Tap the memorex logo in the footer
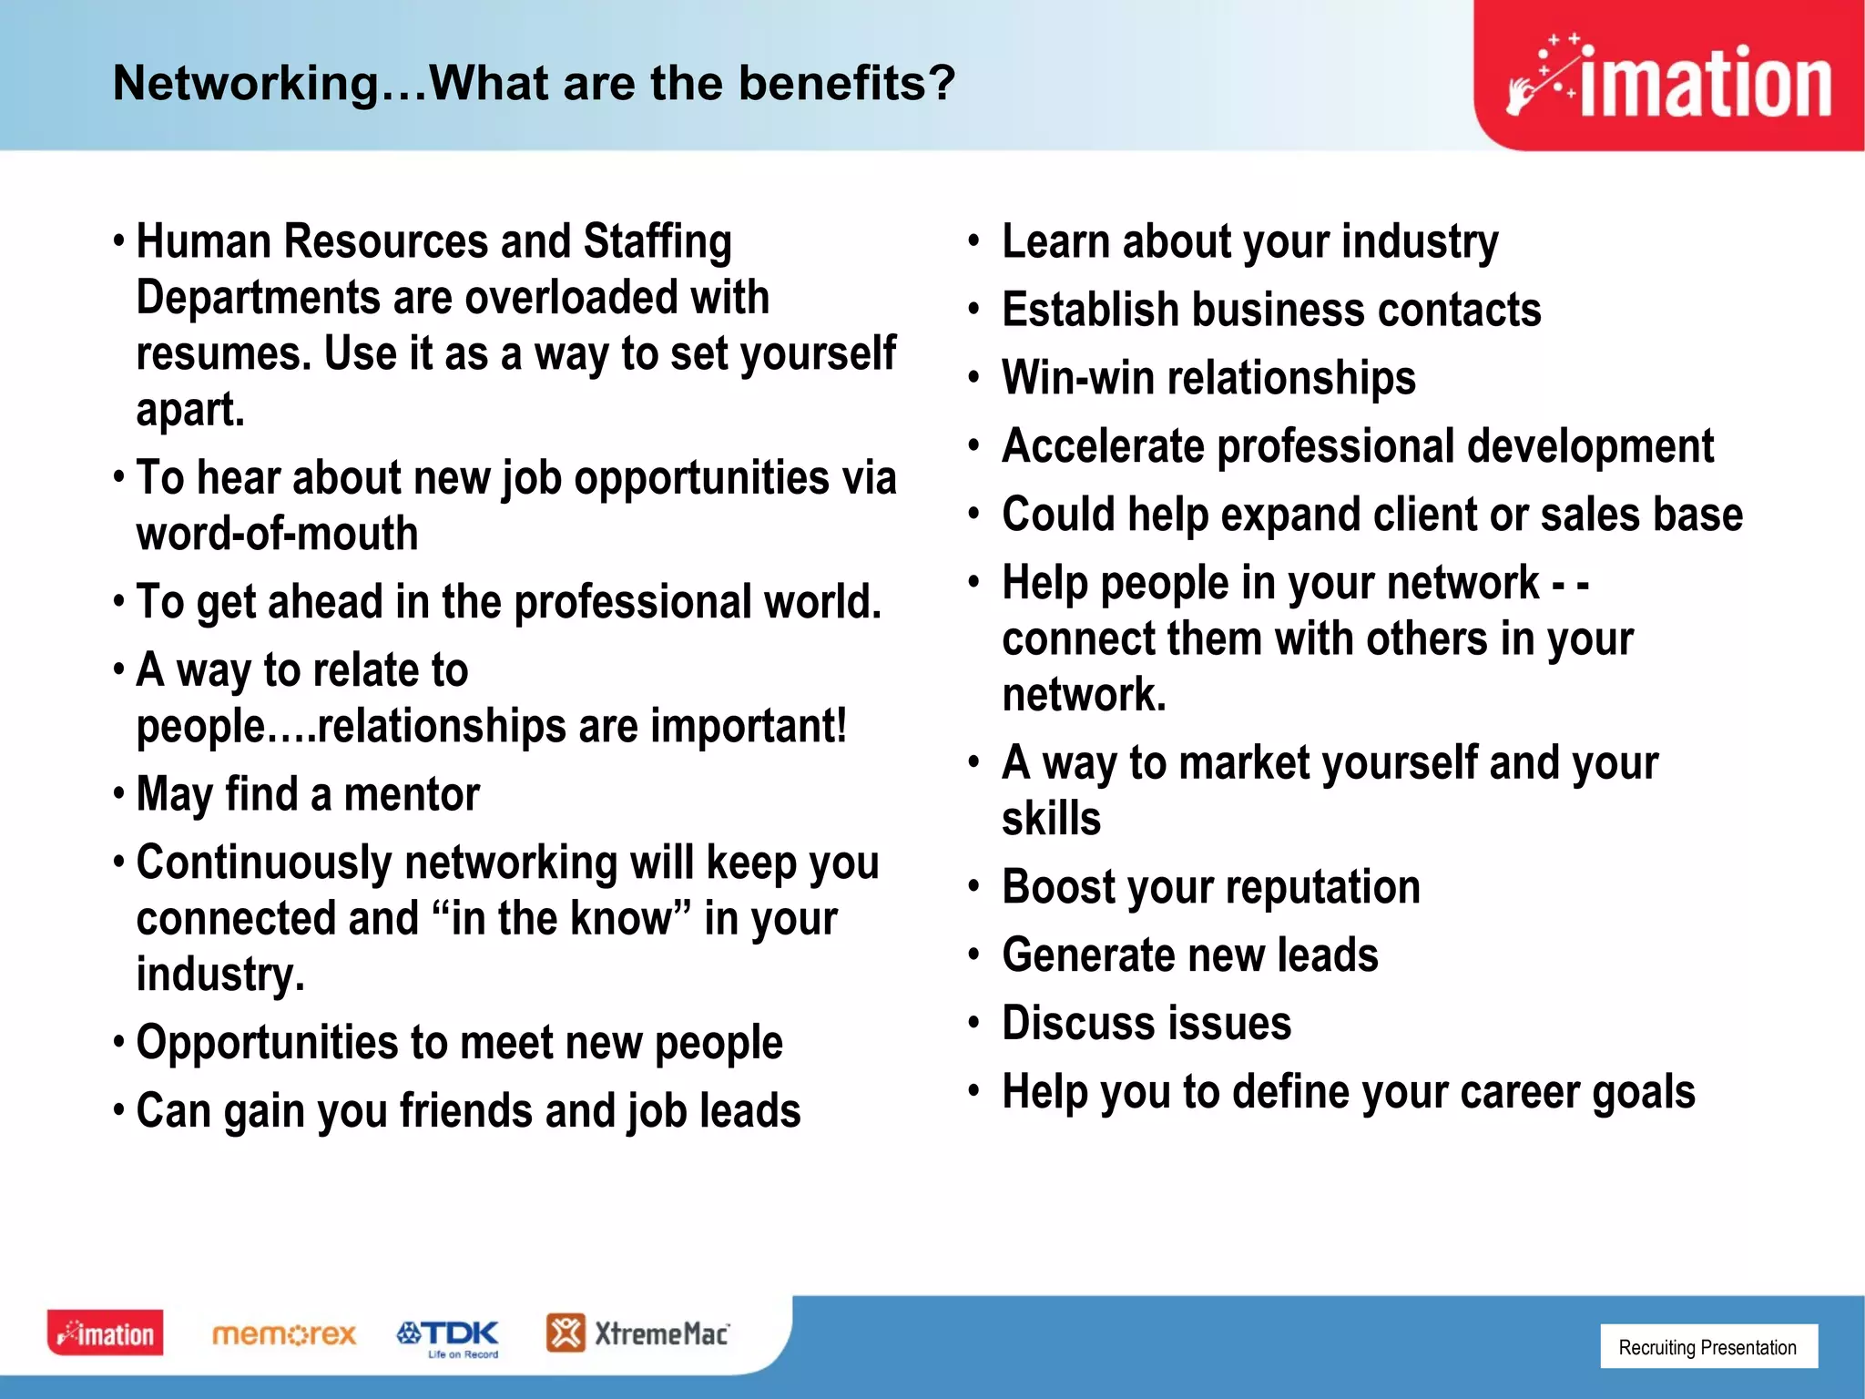(283, 1334)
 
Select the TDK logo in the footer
(448, 1336)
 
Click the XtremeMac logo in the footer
(637, 1333)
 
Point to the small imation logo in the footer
(106, 1333)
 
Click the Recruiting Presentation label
(1707, 1347)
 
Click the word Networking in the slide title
(245, 84)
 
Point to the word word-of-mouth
(277, 534)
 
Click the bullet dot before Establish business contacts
(973, 311)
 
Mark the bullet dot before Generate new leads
(973, 955)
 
